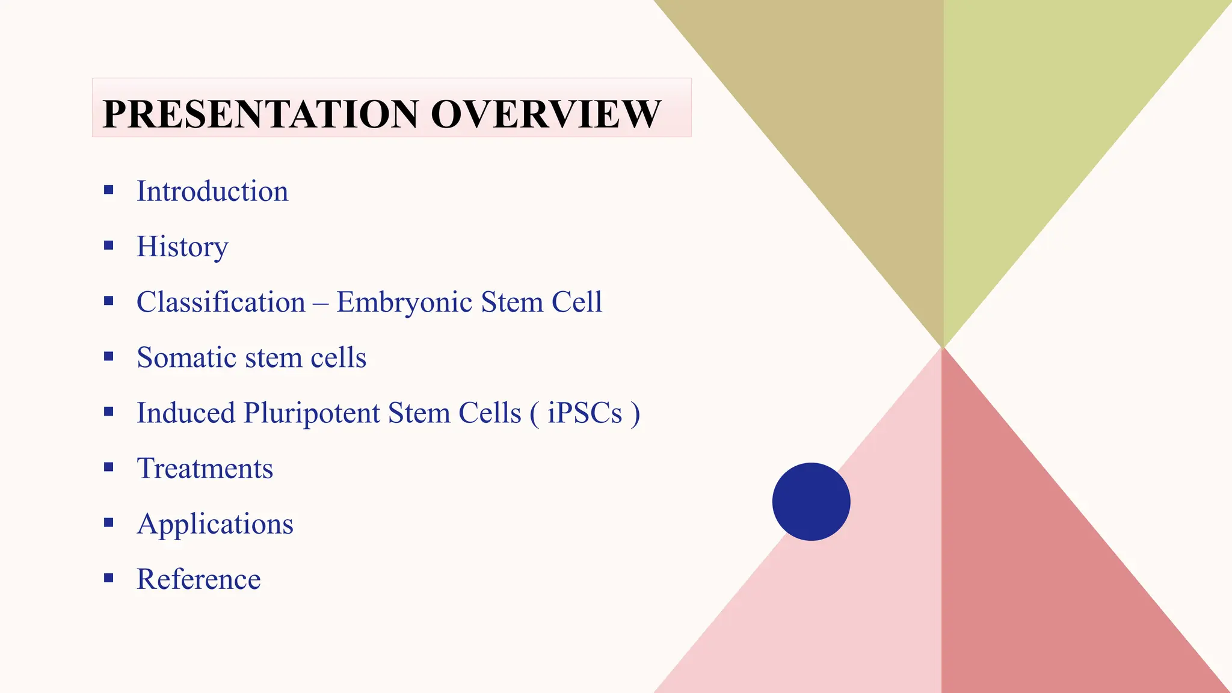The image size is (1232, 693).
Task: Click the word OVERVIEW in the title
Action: coord(546,114)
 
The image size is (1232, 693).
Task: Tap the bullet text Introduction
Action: coord(212,191)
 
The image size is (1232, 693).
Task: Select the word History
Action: coord(182,247)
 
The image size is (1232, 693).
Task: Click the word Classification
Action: coord(221,302)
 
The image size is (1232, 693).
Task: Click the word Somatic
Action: coord(186,357)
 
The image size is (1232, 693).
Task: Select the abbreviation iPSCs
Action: coord(585,413)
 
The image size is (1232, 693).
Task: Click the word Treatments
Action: coord(205,469)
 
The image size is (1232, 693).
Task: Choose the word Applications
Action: coord(215,524)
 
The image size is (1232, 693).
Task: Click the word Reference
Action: coord(199,579)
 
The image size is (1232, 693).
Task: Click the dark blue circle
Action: coord(811,502)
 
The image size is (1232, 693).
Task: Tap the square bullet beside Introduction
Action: coord(109,190)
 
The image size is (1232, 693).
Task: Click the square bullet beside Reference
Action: coord(109,578)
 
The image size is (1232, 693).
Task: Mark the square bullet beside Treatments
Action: coord(109,467)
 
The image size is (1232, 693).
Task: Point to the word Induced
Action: coord(185,413)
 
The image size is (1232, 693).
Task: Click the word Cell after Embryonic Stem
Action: coord(576,302)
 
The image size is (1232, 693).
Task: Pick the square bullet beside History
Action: coord(109,245)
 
